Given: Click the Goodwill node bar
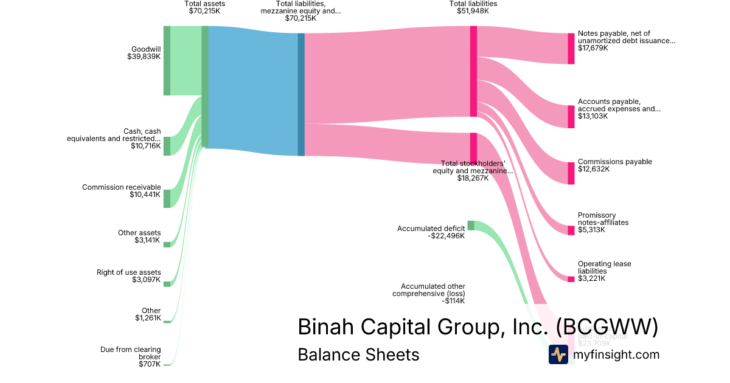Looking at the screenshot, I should pos(167,61).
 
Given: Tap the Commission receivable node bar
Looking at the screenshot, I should pos(167,198).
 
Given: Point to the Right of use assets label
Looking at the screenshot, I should pos(129,272).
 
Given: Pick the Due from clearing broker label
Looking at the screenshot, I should pos(130,353).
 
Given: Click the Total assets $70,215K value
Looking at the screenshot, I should pos(205,11).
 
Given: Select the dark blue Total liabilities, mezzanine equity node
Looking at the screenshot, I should pos(301,94).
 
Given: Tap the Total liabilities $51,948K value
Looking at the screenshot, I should pos(473,11).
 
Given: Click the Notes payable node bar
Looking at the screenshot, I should pos(571,49).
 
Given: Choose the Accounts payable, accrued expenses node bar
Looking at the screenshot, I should pos(571,116).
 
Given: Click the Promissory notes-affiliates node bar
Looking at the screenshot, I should pos(571,230).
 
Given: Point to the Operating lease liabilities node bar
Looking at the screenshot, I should pos(571,279).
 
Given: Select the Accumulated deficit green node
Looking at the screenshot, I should pos(470,226).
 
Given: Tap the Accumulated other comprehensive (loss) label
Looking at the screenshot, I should pos(433,289).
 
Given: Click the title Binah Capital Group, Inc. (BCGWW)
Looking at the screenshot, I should pos(478,327).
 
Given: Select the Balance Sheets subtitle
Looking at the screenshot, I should pos(358,354).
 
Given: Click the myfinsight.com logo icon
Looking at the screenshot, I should pos(558,354).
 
